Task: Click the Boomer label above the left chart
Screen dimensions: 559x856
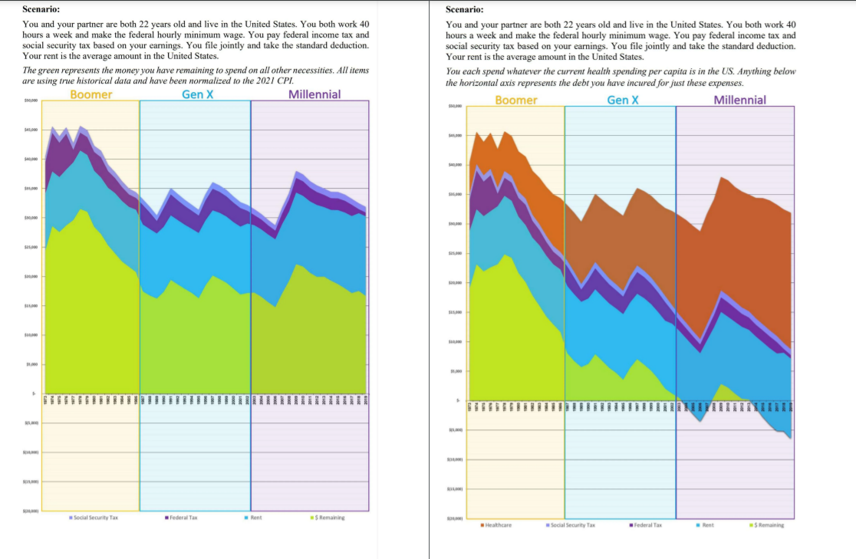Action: pyautogui.click(x=91, y=94)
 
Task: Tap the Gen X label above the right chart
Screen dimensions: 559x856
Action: pyautogui.click(x=622, y=100)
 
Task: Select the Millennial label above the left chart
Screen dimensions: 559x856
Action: pyautogui.click(x=314, y=94)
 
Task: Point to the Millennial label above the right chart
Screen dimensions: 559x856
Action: pyautogui.click(x=739, y=100)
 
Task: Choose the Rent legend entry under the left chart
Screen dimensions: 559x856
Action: pyautogui.click(x=254, y=518)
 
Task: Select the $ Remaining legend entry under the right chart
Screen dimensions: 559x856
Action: pyautogui.click(x=767, y=525)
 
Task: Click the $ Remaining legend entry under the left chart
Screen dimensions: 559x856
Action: pyautogui.click(x=328, y=518)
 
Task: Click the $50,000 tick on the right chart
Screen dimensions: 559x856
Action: pyautogui.click(x=454, y=108)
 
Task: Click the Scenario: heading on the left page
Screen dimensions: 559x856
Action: pyautogui.click(x=41, y=10)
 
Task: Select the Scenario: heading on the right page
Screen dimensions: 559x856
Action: pyautogui.click(x=464, y=10)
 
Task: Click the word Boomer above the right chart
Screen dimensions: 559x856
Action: pyautogui.click(x=516, y=100)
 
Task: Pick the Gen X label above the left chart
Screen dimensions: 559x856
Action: pyautogui.click(x=197, y=94)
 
